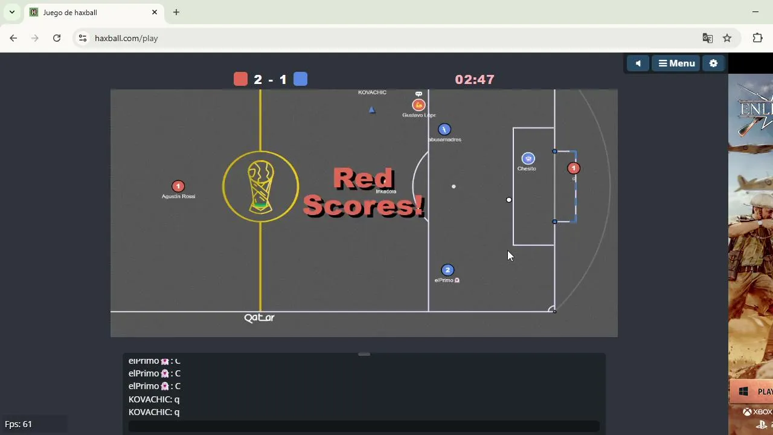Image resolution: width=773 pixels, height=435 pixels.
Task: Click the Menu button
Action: click(x=676, y=63)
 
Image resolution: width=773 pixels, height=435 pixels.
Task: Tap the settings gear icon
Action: click(x=713, y=63)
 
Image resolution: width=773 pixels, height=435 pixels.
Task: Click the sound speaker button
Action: click(x=638, y=63)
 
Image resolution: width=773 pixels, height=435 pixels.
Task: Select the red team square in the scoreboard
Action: click(x=240, y=79)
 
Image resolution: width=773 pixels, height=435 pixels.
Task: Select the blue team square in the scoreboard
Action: click(x=300, y=79)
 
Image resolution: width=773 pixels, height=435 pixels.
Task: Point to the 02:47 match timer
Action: click(x=475, y=80)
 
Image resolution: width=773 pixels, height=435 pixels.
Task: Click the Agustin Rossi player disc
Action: click(x=178, y=186)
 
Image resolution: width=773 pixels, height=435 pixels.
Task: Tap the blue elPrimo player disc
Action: click(x=447, y=270)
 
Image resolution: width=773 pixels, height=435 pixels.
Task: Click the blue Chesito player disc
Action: click(x=528, y=158)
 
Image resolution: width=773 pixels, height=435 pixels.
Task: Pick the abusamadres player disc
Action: click(x=444, y=129)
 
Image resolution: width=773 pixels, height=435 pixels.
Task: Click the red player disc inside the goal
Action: click(x=574, y=169)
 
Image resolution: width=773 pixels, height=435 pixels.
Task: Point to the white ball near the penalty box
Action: click(x=509, y=199)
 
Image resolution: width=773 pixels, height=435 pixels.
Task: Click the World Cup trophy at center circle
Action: click(x=260, y=187)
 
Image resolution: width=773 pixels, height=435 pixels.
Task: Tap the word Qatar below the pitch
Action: click(x=259, y=318)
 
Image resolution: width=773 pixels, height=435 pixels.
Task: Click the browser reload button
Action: click(x=57, y=38)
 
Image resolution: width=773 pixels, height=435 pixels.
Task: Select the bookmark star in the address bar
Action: click(x=727, y=38)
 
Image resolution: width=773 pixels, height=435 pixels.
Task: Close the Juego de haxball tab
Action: click(x=155, y=12)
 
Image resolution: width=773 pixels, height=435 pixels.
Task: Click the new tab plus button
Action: click(x=176, y=12)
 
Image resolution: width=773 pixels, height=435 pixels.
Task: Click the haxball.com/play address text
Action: click(x=126, y=38)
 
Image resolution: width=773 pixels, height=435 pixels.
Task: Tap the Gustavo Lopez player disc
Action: click(x=419, y=105)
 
